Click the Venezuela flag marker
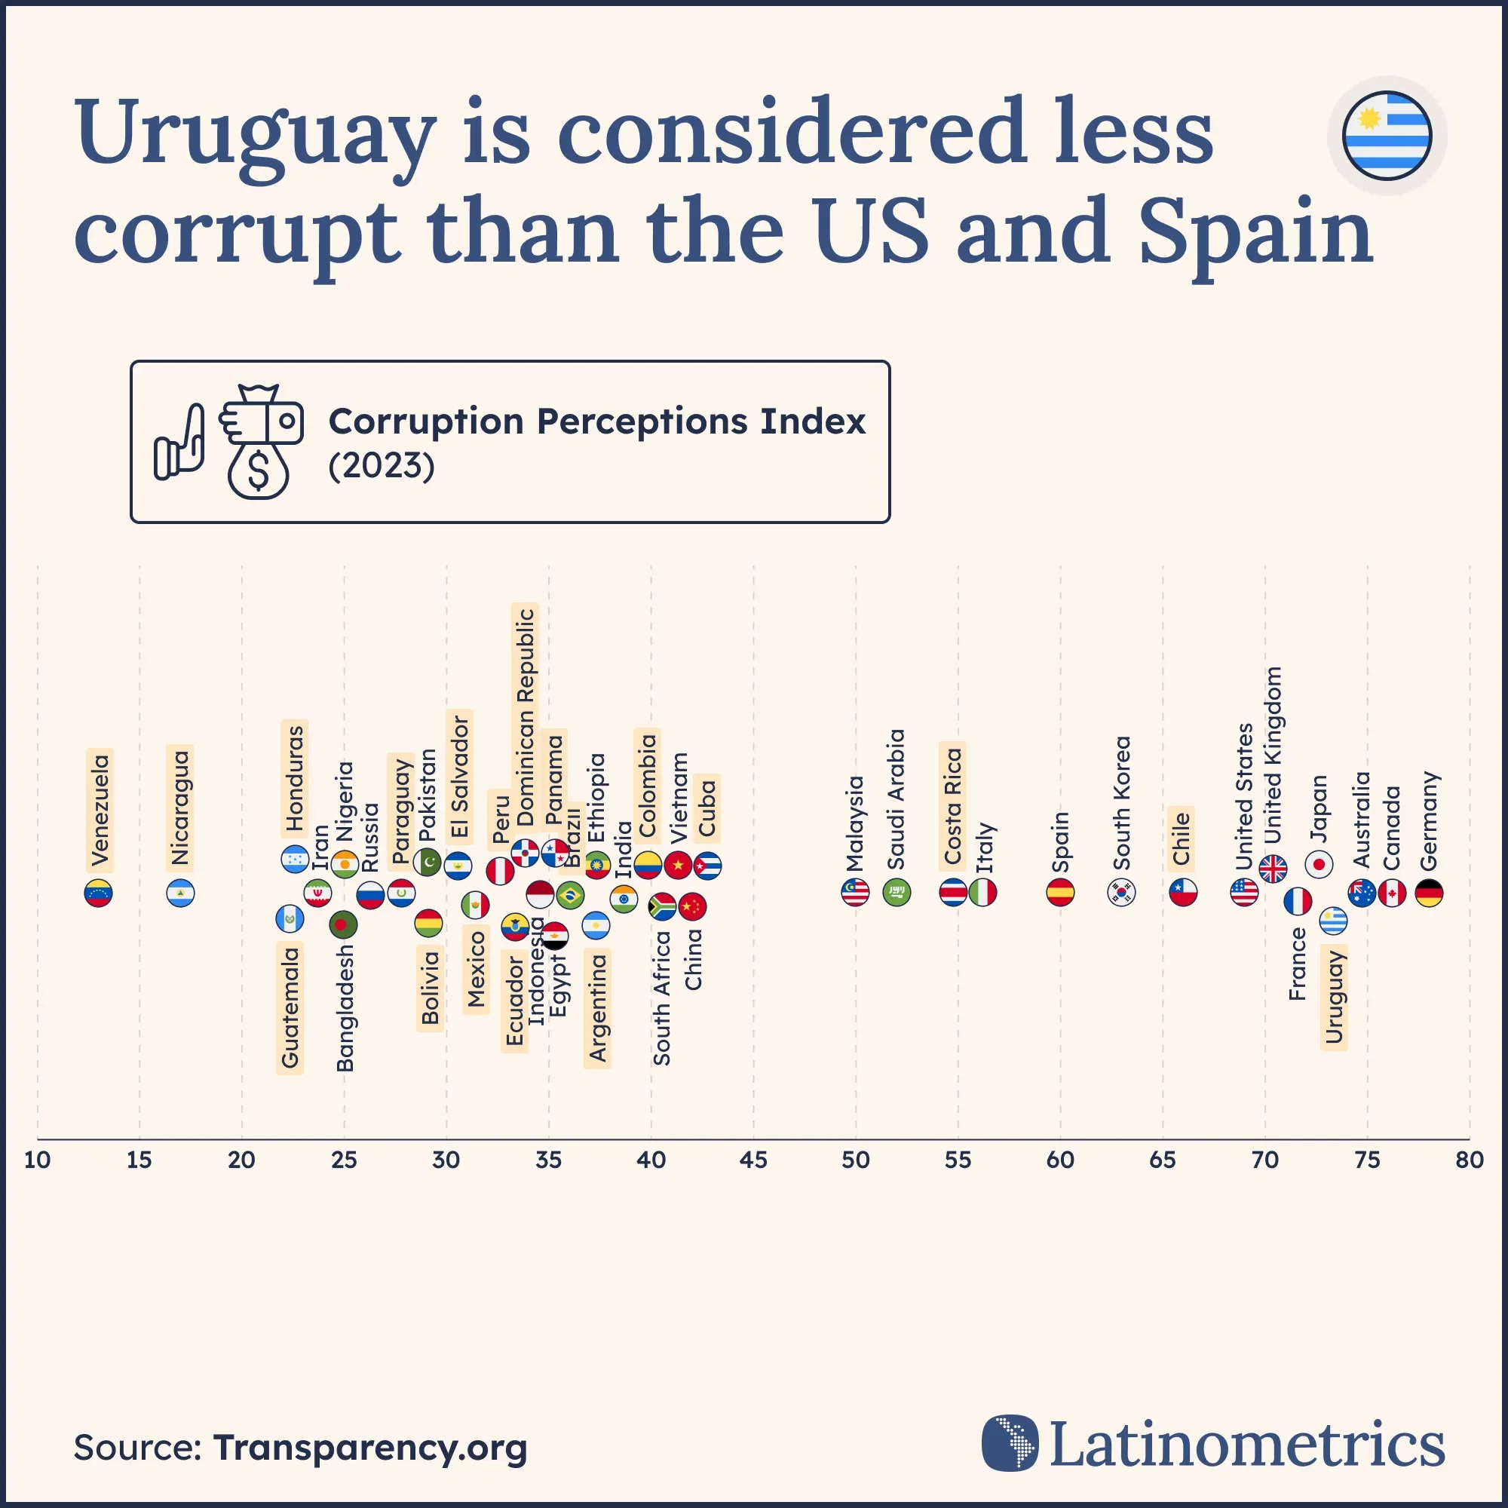[x=98, y=893]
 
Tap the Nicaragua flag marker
[x=180, y=893]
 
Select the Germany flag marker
[x=1429, y=893]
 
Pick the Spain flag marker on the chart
[x=1060, y=892]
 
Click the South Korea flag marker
[x=1122, y=892]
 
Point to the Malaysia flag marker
[x=856, y=892]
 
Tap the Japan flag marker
[x=1319, y=864]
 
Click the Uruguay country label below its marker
[x=1334, y=997]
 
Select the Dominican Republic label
[x=526, y=716]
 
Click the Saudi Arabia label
[x=896, y=798]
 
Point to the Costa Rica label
[x=952, y=805]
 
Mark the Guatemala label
[x=290, y=1007]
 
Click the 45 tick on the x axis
[x=753, y=1160]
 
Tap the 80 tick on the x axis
[x=1470, y=1160]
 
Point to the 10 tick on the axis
[x=38, y=1160]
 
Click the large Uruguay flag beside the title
[x=1387, y=135]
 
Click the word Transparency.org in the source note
[x=370, y=1447]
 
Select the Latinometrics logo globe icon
[x=1010, y=1443]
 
